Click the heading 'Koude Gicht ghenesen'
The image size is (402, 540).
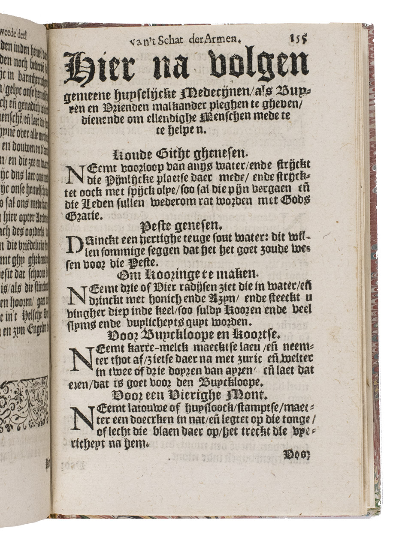pos(185,152)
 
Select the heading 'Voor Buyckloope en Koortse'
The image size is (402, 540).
pos(189,335)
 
